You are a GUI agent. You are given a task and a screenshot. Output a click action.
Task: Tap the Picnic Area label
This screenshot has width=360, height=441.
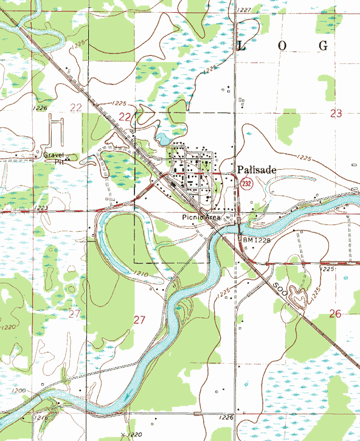click(x=200, y=217)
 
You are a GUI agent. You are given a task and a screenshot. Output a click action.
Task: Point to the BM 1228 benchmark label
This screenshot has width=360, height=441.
click(x=256, y=240)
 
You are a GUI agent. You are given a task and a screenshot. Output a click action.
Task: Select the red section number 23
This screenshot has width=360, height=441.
click(x=336, y=113)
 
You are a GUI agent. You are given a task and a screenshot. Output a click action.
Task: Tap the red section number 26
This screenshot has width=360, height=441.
click(x=334, y=314)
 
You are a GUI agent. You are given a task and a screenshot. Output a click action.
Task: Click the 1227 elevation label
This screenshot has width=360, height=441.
click(x=244, y=10)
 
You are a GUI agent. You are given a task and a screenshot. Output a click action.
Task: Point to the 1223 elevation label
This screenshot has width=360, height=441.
click(x=43, y=208)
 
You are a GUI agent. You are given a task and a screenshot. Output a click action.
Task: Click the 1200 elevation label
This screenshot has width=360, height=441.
click(x=19, y=391)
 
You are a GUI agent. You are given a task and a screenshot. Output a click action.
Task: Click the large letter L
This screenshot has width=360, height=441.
click(x=241, y=46)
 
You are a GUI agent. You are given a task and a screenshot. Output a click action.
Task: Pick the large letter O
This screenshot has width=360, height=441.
click(x=282, y=46)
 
